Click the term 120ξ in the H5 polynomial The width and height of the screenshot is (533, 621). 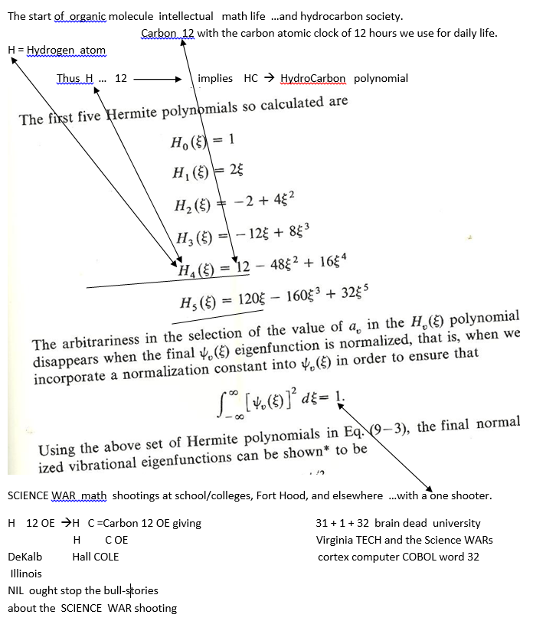[x=244, y=299]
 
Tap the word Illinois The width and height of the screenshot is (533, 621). [x=27, y=574]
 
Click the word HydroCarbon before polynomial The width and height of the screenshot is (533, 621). [x=313, y=78]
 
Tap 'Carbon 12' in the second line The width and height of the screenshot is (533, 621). [x=168, y=33]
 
